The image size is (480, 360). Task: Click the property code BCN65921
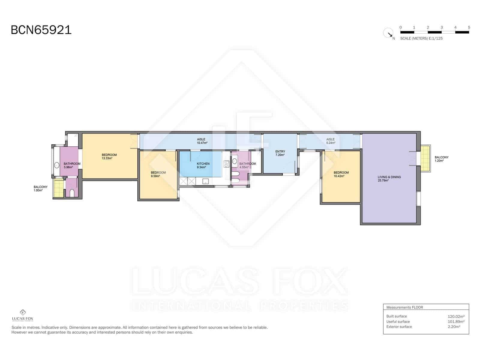41,30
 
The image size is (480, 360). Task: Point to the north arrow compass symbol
388,33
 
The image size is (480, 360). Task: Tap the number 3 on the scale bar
442,27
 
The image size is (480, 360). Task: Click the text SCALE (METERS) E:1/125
421,38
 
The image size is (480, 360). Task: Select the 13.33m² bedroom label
109,157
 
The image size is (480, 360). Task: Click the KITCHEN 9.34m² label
203,165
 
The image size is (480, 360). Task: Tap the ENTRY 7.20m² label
280,153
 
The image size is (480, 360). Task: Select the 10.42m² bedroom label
341,174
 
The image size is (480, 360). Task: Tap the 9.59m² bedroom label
158,174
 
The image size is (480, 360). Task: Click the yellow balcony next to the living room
425,158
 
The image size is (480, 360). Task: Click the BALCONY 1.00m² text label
40,188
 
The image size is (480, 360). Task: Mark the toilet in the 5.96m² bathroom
72,193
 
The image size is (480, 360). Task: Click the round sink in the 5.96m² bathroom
57,165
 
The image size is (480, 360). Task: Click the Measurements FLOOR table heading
404,307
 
